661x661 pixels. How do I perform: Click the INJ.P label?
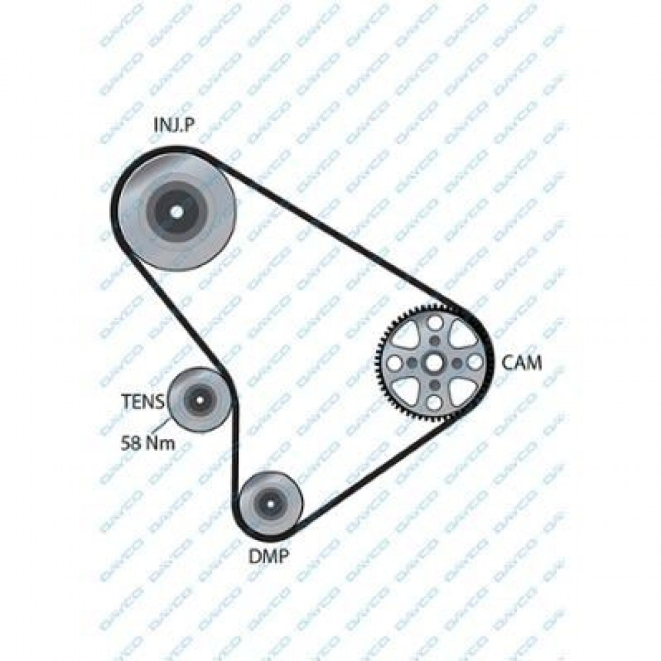[174, 124]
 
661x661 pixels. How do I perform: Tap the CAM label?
[522, 362]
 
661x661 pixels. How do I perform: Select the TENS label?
[143, 401]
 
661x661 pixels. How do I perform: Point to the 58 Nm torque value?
[147, 443]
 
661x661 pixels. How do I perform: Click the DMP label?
[269, 557]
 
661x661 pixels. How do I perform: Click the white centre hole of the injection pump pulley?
[176, 211]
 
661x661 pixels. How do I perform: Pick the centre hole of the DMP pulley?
[270, 503]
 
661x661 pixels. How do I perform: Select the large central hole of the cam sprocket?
[434, 362]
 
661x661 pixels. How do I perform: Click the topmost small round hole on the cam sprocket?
[434, 323]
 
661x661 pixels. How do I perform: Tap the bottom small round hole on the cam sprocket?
[434, 403]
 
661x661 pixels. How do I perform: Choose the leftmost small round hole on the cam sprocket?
[394, 363]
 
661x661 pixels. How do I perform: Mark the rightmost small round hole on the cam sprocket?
[474, 362]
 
